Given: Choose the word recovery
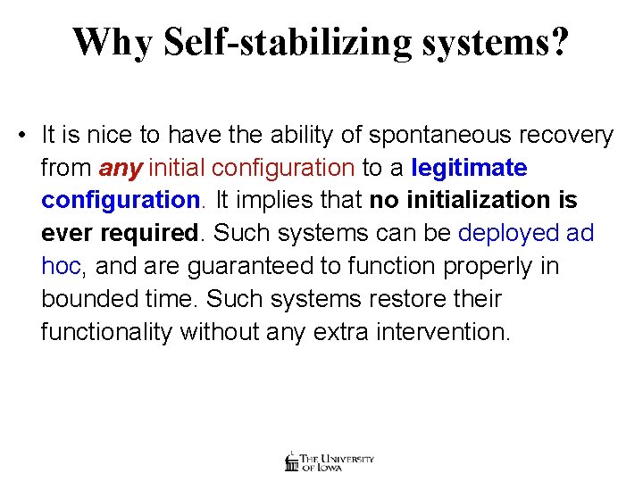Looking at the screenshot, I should point(572,136).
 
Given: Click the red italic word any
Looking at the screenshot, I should point(121,169).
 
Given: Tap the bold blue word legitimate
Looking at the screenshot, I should point(469,168).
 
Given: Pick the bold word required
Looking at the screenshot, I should point(153,234).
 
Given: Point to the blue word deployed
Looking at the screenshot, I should point(507,234).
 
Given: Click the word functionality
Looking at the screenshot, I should point(106,332).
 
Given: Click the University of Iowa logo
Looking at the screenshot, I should point(329,461).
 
